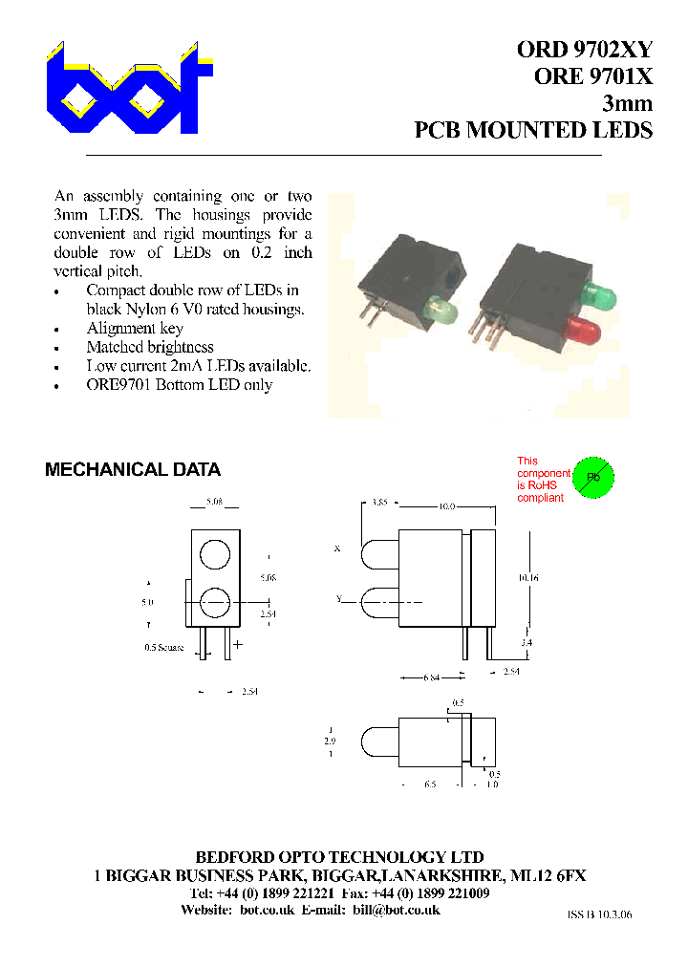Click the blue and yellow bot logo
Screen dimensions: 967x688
pos(129,92)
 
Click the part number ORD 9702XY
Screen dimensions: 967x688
pos(585,51)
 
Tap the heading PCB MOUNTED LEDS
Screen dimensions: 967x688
pos(533,130)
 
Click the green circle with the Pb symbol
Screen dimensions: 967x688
pos(592,477)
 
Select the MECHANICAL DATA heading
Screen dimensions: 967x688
pos(133,470)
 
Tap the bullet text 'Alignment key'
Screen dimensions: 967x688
pos(129,328)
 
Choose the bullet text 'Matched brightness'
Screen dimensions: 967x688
pos(150,347)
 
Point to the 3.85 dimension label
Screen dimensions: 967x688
pos(378,502)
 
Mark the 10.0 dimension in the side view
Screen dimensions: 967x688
pos(445,506)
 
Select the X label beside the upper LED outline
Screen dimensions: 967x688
pos(337,549)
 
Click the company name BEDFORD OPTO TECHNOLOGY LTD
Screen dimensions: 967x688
pos(339,857)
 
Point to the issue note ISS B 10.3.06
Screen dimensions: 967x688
pos(599,914)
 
